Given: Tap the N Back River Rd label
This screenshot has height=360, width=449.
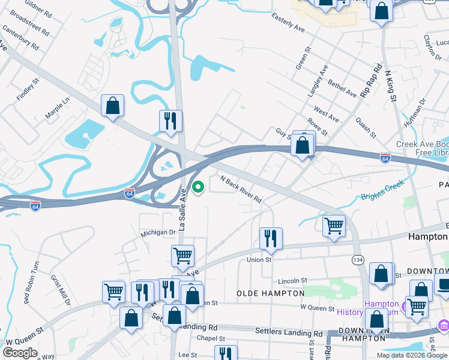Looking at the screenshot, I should click(241, 190).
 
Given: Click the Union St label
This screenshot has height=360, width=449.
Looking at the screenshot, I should click(259, 260).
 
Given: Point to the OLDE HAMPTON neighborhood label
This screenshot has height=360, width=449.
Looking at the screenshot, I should click(271, 293).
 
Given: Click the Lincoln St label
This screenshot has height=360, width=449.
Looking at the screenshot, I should click(292, 280).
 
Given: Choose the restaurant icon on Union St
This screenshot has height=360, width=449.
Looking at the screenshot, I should click(271, 239).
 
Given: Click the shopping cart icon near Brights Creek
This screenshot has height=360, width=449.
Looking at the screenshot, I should click(334, 226).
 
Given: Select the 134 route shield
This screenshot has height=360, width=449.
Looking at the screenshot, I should click(358, 259).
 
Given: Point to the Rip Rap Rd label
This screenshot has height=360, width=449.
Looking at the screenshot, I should click(371, 81).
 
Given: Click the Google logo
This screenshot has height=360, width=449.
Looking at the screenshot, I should click(20, 353).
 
